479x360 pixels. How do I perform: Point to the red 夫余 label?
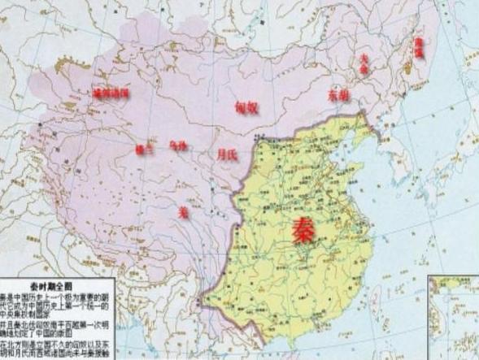click(365, 64)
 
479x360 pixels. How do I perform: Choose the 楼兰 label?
click(145, 149)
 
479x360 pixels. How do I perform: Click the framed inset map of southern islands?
click(454, 317)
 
